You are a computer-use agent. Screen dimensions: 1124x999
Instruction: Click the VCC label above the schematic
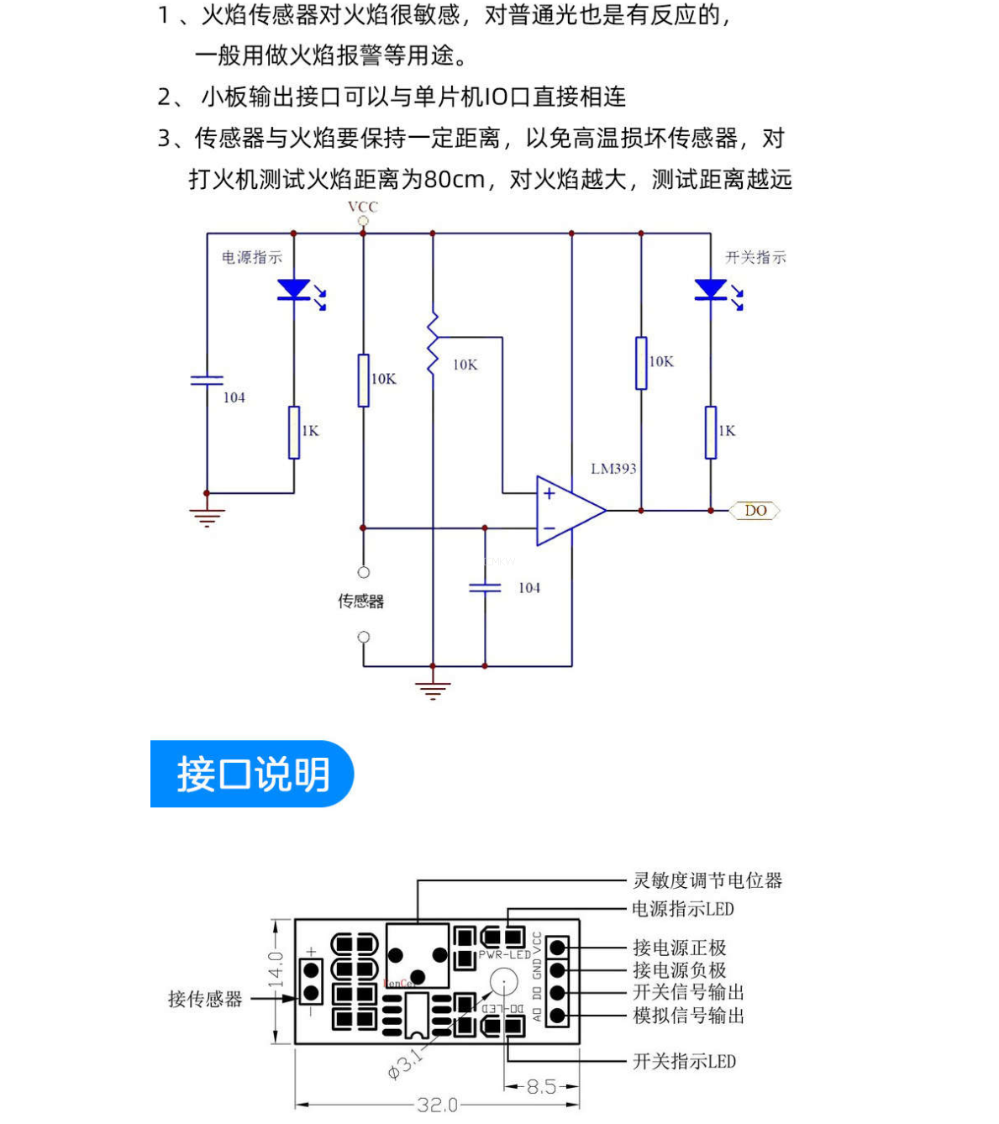(363, 207)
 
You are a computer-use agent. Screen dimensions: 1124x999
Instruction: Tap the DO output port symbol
(755, 510)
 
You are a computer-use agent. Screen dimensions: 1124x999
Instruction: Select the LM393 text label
(613, 469)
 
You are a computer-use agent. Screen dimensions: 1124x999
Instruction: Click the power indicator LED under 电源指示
(294, 290)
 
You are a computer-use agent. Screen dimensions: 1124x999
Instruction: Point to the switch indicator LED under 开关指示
(711, 290)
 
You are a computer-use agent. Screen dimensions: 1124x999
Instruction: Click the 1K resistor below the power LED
(294, 432)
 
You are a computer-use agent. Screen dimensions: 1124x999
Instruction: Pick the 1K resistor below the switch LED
(711, 432)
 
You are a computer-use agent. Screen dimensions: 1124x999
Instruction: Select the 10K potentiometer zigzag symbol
(433, 343)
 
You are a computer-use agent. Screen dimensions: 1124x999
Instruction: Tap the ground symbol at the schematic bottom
(433, 689)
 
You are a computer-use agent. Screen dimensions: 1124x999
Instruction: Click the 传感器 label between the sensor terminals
(361, 601)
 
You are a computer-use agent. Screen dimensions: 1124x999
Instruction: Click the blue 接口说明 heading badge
(252, 774)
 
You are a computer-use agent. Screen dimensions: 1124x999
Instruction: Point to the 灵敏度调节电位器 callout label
(707, 880)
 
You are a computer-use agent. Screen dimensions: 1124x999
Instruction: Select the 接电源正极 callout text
(679, 948)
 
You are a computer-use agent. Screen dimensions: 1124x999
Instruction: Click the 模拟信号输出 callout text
(688, 1016)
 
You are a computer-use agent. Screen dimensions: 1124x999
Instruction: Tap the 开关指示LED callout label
(684, 1062)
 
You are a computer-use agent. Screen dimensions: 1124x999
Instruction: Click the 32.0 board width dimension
(437, 1105)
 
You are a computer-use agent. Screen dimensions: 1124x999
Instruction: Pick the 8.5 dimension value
(542, 1086)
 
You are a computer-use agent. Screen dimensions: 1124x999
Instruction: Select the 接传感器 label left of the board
(205, 999)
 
